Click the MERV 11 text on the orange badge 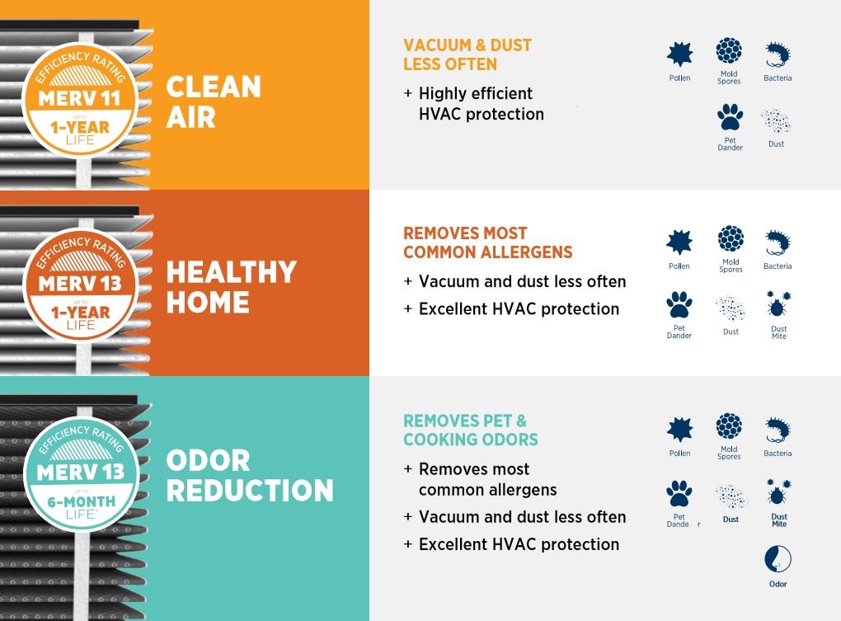(79, 99)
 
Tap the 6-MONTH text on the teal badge (82, 502)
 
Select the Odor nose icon (778, 559)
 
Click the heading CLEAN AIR (214, 102)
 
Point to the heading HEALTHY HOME (231, 287)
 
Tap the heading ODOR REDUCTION (250, 475)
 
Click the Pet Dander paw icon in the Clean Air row (730, 117)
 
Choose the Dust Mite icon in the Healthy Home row (778, 304)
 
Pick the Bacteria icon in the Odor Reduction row (778, 430)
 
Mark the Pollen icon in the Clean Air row (679, 54)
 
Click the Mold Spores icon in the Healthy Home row (731, 238)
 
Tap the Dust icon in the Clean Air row (776, 120)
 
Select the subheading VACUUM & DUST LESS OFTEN (467, 54)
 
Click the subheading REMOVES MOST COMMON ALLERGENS (487, 242)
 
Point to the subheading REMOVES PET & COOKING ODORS (470, 430)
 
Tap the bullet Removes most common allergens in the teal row (481, 479)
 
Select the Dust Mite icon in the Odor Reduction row (778, 492)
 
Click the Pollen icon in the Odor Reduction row (679, 430)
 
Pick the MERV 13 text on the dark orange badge (80, 284)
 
